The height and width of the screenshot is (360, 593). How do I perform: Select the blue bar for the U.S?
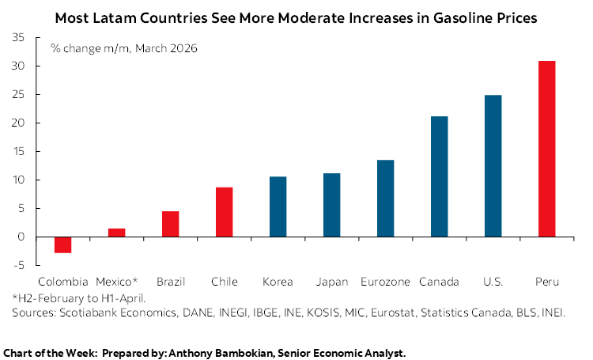pyautogui.click(x=493, y=166)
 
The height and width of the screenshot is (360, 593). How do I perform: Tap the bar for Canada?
pyautogui.click(x=439, y=176)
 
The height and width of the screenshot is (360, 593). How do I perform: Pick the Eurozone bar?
pyautogui.click(x=385, y=198)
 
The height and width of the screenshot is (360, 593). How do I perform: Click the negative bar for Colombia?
pyautogui.click(x=62, y=244)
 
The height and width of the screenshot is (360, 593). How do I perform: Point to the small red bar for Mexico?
pyautogui.click(x=116, y=233)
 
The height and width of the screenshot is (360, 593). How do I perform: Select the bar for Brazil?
pyautogui.click(x=170, y=224)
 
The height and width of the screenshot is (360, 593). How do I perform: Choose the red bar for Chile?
pyautogui.click(x=224, y=212)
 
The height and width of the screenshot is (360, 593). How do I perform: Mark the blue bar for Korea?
pyautogui.click(x=278, y=207)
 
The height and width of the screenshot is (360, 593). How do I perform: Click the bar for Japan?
pyautogui.click(x=331, y=205)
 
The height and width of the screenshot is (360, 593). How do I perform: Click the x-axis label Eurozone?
pyautogui.click(x=384, y=282)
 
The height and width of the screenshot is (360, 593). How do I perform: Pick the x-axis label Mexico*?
pyautogui.click(x=117, y=282)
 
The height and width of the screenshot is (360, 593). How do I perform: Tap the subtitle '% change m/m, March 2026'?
pyautogui.click(x=124, y=49)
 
